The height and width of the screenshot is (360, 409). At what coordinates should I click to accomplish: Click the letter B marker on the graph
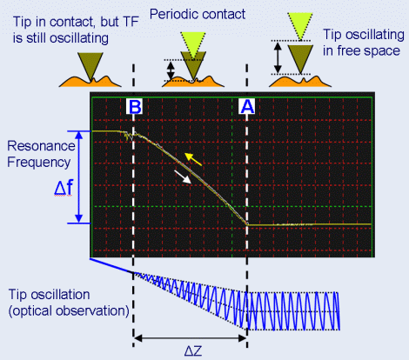point(134,106)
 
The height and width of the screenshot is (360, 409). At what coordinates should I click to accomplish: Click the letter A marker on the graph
point(247,106)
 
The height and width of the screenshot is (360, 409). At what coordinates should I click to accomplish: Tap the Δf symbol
point(64,188)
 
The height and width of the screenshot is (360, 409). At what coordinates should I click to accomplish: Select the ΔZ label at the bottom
point(193,351)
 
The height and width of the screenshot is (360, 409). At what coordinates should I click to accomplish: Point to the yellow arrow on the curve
point(193,159)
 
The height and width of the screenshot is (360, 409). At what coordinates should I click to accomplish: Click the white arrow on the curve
point(183,177)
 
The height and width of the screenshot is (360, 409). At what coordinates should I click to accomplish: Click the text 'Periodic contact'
point(198,14)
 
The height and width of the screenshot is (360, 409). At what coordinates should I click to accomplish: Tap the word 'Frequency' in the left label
point(39,163)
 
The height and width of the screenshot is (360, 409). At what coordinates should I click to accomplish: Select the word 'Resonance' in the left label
point(41,146)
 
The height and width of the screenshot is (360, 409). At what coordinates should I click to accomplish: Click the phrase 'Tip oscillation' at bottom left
point(49,295)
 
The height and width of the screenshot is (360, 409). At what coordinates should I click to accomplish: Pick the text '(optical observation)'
point(69,310)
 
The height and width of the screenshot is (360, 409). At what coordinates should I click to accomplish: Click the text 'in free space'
point(361,50)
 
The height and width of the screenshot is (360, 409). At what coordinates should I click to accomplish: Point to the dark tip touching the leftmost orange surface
point(91,65)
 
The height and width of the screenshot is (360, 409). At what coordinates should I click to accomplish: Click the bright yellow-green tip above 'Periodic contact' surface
point(193,43)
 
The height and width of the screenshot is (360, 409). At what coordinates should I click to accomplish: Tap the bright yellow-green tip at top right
point(300,24)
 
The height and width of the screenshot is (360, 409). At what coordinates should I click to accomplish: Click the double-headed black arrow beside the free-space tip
point(278,57)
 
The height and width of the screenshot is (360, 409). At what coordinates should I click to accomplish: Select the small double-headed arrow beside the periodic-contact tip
point(171,70)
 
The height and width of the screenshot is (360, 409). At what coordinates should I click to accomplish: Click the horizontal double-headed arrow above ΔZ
point(191,338)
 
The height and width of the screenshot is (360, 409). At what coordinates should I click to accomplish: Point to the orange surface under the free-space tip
point(300,82)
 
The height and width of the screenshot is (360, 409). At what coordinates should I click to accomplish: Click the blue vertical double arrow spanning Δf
point(79,177)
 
